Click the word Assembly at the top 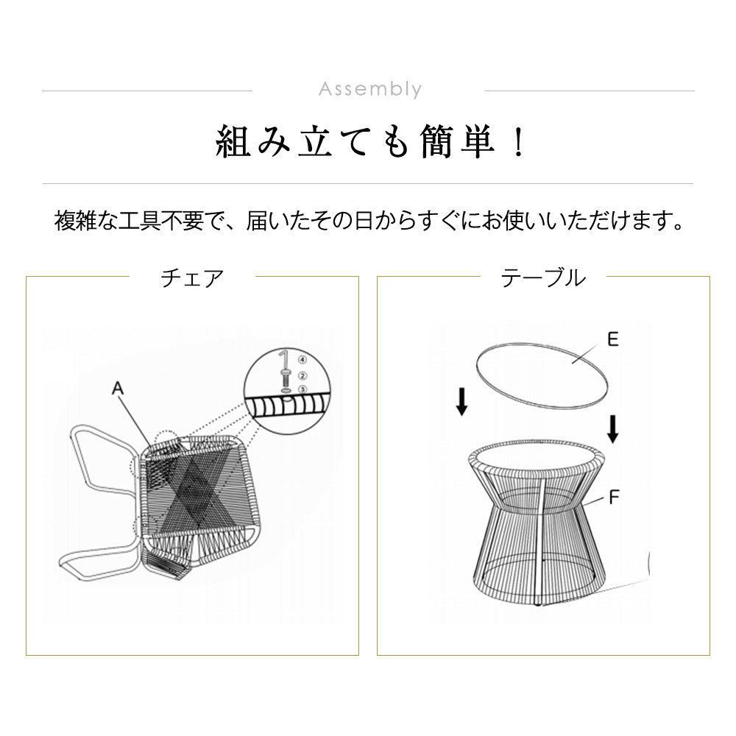(x=370, y=90)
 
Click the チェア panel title (x=192, y=278)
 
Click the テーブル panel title (x=543, y=278)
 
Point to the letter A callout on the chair (x=116, y=389)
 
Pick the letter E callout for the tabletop (x=612, y=339)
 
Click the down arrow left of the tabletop (x=461, y=402)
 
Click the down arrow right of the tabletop (x=612, y=429)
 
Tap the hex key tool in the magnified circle (x=284, y=360)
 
